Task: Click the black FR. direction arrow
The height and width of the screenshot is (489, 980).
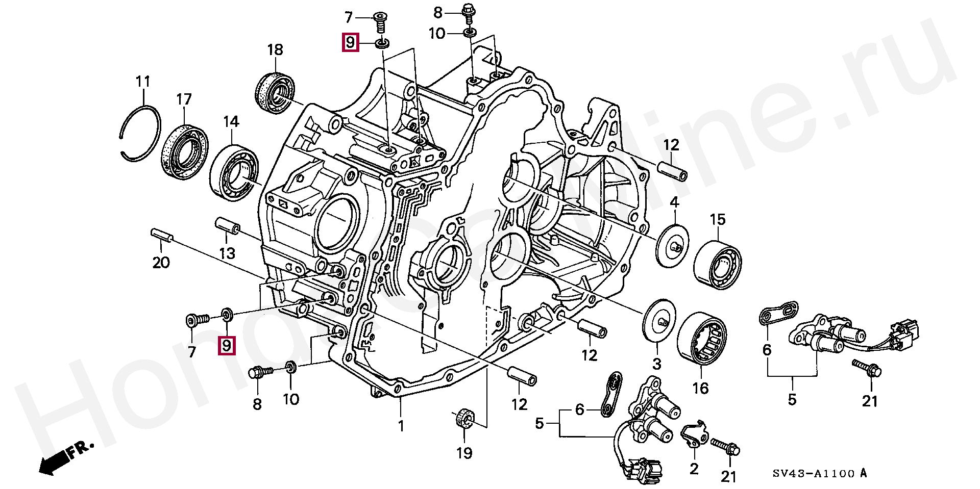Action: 65,458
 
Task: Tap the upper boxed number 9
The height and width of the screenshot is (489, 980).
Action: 350,42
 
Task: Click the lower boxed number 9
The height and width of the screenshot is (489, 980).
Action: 227,346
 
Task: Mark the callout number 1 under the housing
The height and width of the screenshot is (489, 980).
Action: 401,426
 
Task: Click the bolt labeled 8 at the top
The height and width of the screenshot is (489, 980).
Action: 468,14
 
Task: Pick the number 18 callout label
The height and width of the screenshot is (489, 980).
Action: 275,49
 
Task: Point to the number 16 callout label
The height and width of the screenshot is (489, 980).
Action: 700,388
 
